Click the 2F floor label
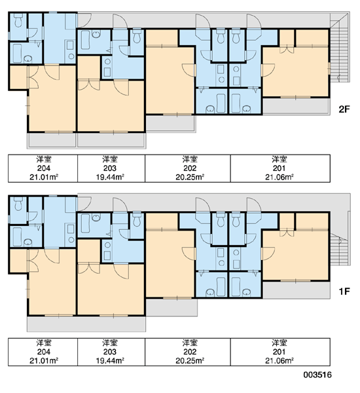click(x=344, y=109)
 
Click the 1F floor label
click(x=344, y=291)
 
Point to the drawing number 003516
click(x=317, y=375)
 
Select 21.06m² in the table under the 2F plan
click(x=279, y=177)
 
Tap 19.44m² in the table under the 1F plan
click(x=110, y=360)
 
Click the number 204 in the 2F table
click(x=44, y=168)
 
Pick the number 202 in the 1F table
click(x=190, y=352)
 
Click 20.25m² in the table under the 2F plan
click(x=190, y=177)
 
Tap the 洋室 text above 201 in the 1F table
click(x=279, y=343)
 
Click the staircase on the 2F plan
click(x=340, y=48)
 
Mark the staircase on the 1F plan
click(x=340, y=249)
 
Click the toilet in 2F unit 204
click(x=18, y=20)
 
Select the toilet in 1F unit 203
click(x=137, y=220)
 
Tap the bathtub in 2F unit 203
click(x=86, y=40)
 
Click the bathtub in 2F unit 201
click(x=236, y=103)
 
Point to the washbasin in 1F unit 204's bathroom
click(x=27, y=242)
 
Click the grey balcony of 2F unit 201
click(x=296, y=106)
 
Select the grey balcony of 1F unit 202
click(x=171, y=307)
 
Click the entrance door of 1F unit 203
click(x=120, y=206)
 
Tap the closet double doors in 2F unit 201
click(x=287, y=49)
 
